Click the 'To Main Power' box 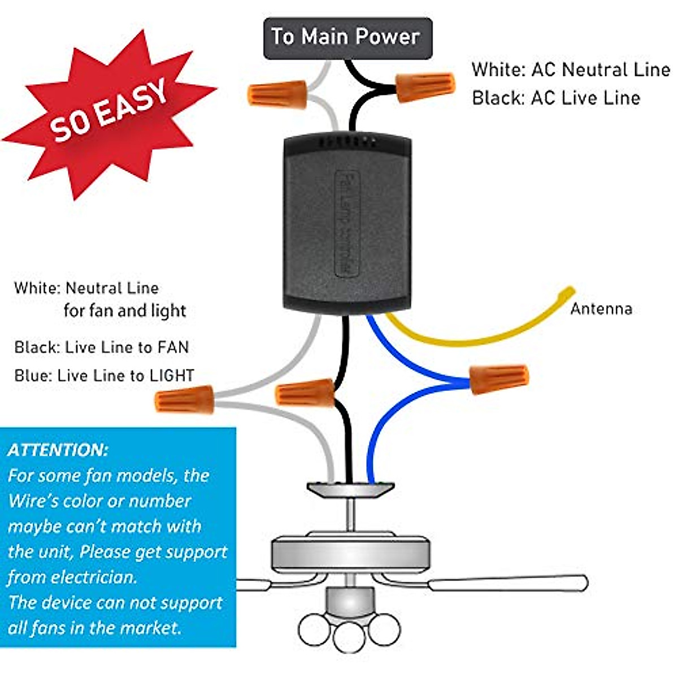pos(347,38)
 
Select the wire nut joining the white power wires pos(277,94)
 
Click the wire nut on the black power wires pos(425,86)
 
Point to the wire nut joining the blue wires pos(499,379)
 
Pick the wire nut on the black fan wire pos(306,393)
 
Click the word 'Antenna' pos(601,309)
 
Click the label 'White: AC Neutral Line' pos(571,69)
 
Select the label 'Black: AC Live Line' pos(556,98)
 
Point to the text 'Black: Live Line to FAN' pos(102,347)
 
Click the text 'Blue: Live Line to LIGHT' pos(105,375)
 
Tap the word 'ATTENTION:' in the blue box pos(58,450)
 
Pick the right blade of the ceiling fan pos(508,583)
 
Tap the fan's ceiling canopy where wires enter pos(350,489)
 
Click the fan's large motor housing pos(351,554)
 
